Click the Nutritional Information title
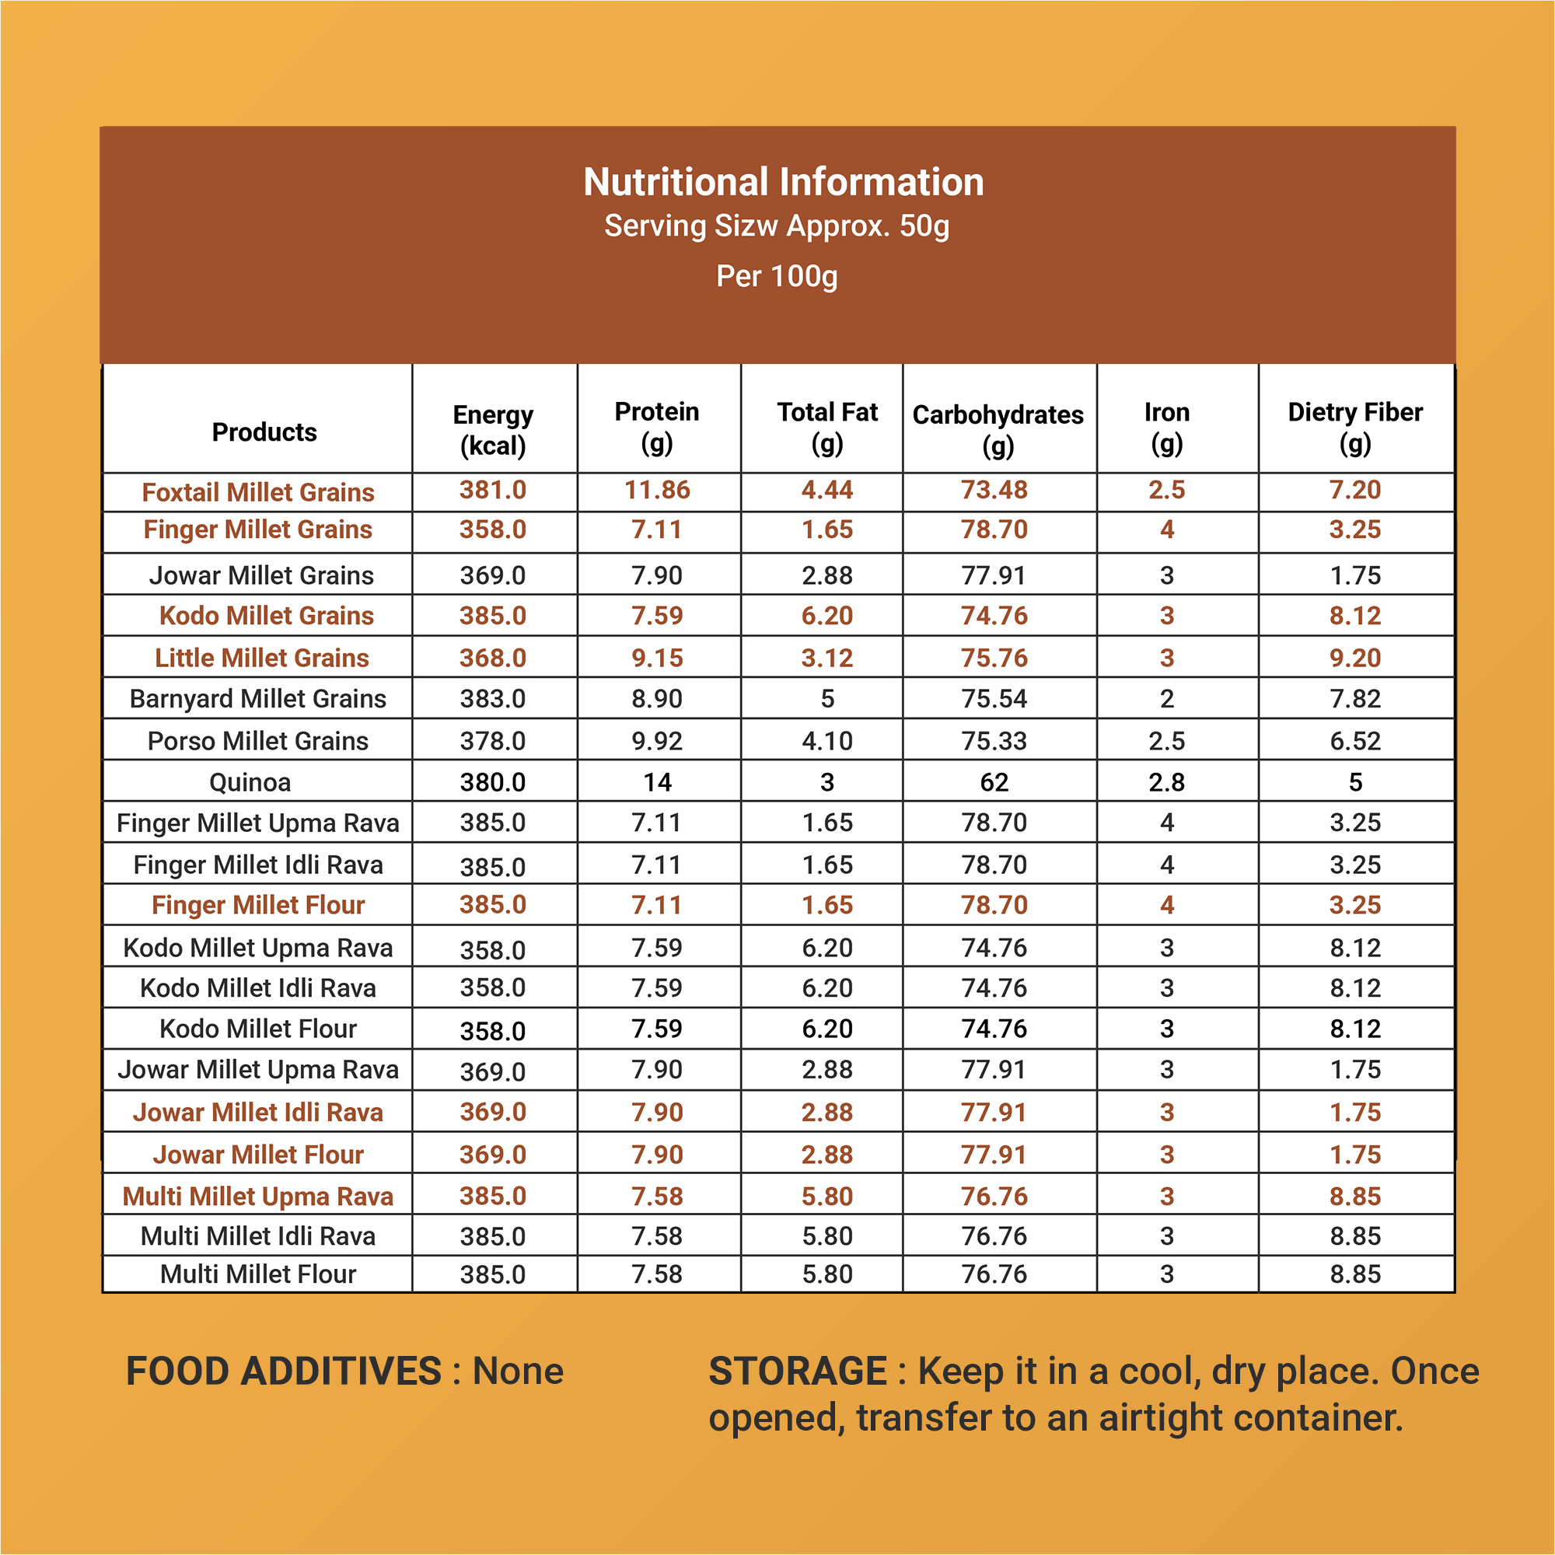783,182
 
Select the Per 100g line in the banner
777,276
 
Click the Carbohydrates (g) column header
998,430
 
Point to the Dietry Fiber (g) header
1355,428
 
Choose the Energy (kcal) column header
493,430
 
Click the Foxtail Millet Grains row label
258,492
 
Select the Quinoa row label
250,782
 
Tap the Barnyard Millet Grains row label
258,699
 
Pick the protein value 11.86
658,489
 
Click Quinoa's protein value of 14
658,782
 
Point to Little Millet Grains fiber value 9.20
1355,658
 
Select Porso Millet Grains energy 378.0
493,740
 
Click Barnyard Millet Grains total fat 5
827,699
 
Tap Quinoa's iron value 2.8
1167,782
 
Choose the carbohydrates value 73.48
995,489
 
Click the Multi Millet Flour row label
258,1274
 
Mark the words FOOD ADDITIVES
284,1372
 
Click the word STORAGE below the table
798,1372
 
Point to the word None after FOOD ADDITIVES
519,1372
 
